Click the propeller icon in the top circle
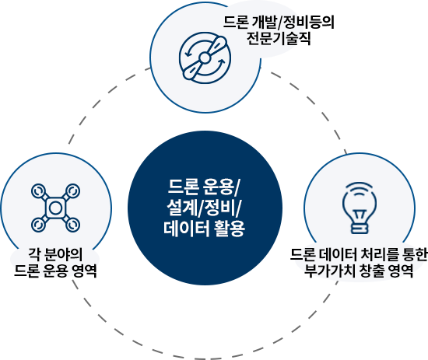[x=205, y=58]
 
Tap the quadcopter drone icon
[x=55, y=208]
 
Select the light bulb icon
[x=360, y=208]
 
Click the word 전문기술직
[x=279, y=38]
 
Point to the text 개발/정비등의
[x=293, y=22]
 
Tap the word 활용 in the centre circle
[x=230, y=228]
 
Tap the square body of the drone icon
[x=55, y=208]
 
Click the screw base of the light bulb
[x=360, y=228]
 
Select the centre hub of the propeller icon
[x=205, y=58]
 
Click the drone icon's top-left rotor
[x=38, y=191]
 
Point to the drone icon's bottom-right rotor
[x=73, y=225]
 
